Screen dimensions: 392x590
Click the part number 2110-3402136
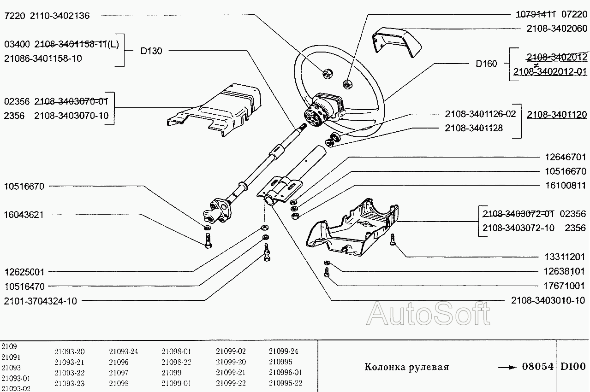pos(60,16)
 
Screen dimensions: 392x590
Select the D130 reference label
pos(151,51)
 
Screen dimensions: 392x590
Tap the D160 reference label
pos(486,64)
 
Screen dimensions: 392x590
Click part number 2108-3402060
pos(557,29)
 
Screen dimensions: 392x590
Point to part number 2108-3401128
pos(474,128)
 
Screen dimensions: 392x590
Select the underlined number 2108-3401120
pos(557,114)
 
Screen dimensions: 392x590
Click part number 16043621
pos(24,215)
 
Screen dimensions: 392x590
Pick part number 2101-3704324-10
pos(40,301)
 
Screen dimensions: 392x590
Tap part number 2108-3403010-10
pos(548,300)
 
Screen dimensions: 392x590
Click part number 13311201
pos(562,257)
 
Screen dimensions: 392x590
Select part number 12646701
pos(562,157)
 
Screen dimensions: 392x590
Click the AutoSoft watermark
pos(429,314)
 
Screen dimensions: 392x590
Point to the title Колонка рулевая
pos(406,367)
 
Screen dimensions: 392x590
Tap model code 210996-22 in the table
pos(286,383)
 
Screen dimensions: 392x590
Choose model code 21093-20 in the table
pos(69,351)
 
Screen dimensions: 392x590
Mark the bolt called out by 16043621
pos(207,240)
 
